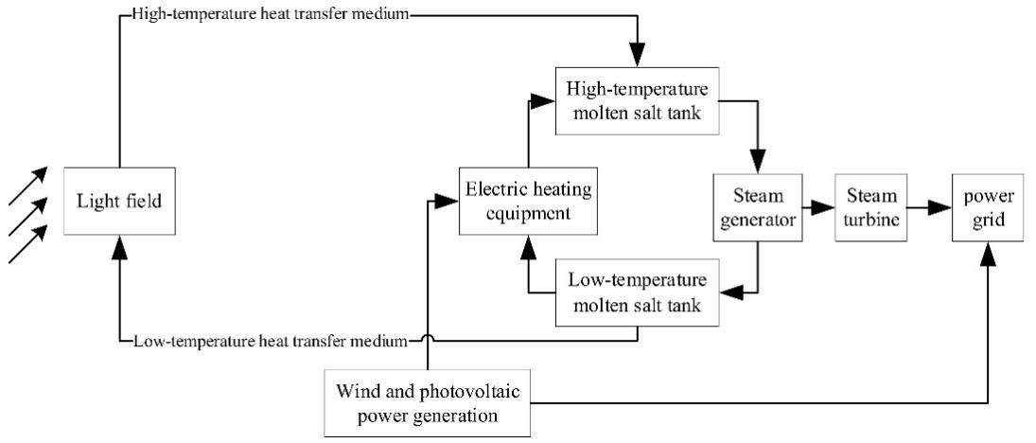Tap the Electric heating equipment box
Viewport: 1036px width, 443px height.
pyautogui.click(x=528, y=202)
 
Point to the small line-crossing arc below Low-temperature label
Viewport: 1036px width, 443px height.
pyautogui.click(x=428, y=336)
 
